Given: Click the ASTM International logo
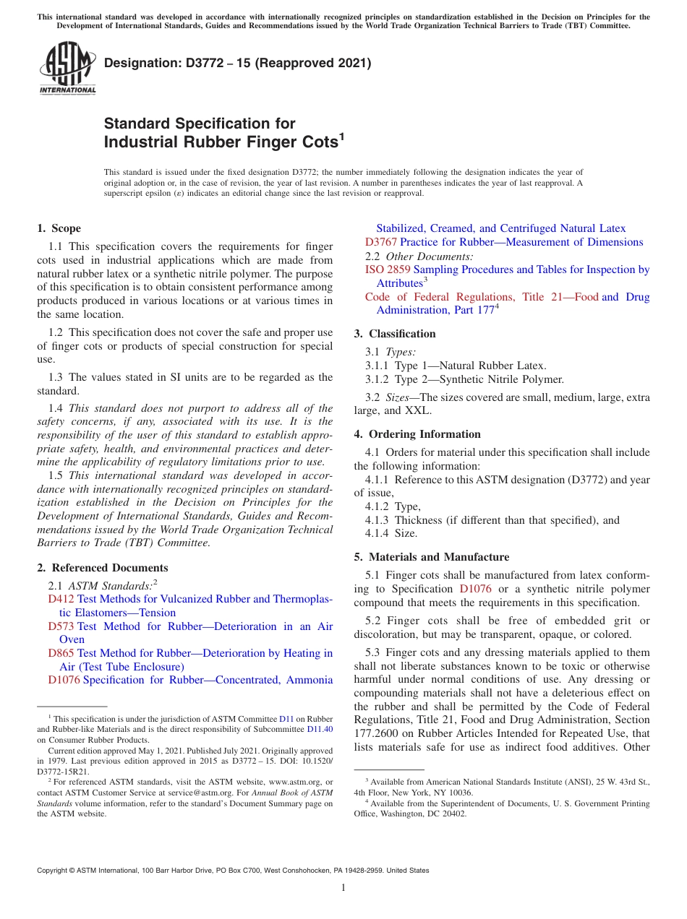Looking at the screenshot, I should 67,68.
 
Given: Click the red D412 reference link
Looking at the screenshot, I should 61,599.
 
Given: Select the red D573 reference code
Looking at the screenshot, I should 61,626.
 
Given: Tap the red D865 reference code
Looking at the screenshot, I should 61,653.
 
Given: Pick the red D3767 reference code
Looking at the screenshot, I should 381,242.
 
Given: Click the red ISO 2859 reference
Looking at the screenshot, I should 387,269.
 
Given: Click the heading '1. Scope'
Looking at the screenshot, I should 59,228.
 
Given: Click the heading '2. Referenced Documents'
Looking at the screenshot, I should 103,568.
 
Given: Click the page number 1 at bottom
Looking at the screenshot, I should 343,887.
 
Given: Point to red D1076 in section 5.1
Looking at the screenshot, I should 475,589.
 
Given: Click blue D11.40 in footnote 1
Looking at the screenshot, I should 320,730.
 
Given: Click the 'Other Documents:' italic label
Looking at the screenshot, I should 430,256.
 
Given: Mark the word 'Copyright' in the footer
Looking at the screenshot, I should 54,871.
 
